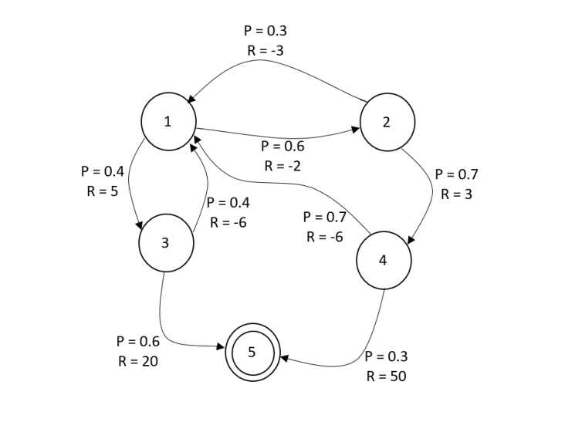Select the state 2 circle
point(387,121)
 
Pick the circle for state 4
point(384,260)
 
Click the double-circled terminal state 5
point(252,352)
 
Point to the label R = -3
point(265,51)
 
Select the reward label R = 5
point(102,191)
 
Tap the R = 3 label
point(457,194)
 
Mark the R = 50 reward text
point(386,376)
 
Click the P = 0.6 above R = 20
point(137,341)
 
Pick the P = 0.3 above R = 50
point(386,356)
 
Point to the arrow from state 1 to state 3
point(129,185)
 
